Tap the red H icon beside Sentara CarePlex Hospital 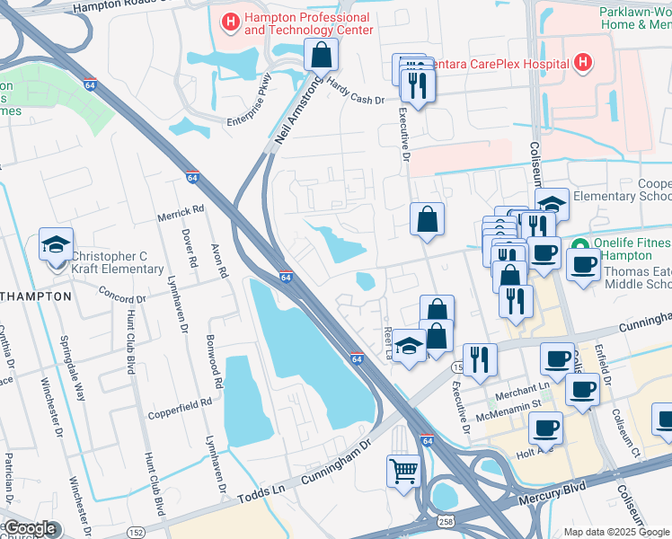(582, 63)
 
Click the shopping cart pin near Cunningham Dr (403, 470)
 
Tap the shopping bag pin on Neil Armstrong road (322, 57)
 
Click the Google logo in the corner (30, 528)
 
